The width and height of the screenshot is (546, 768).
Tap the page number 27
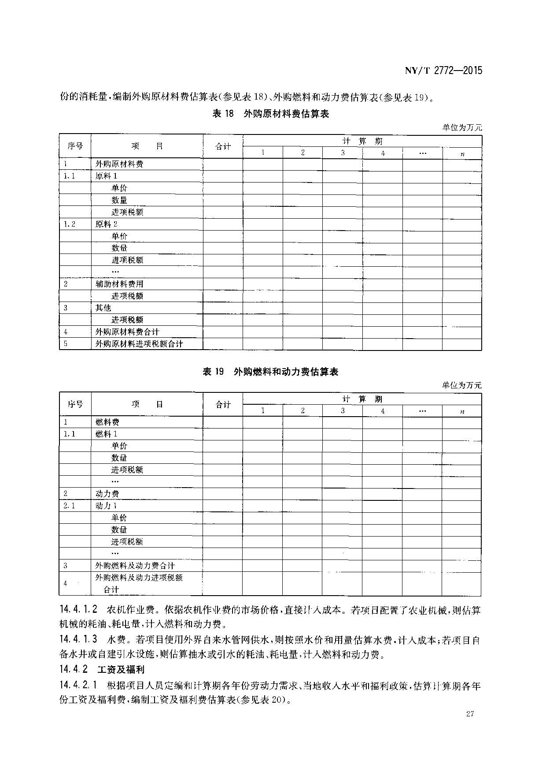(469, 714)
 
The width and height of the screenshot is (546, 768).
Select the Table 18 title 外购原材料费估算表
(271, 114)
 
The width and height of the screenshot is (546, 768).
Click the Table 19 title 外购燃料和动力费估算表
(270, 372)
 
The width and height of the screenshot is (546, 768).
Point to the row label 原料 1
(107, 176)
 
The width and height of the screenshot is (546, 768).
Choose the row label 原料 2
(107, 224)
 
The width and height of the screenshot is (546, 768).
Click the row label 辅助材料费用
(120, 284)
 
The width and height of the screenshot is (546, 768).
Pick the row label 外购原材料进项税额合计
(139, 343)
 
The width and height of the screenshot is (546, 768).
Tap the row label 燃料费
(107, 422)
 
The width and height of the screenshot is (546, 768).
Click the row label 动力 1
(107, 506)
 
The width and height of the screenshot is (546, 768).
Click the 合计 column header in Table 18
(223, 146)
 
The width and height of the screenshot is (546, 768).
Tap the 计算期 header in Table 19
(362, 399)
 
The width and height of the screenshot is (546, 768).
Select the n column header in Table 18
(462, 153)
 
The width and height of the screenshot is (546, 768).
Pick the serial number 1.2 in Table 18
(70, 224)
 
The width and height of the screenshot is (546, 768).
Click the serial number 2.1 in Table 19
(69, 506)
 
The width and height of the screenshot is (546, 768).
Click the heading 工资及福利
(121, 669)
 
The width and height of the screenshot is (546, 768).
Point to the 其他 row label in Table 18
(103, 308)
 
